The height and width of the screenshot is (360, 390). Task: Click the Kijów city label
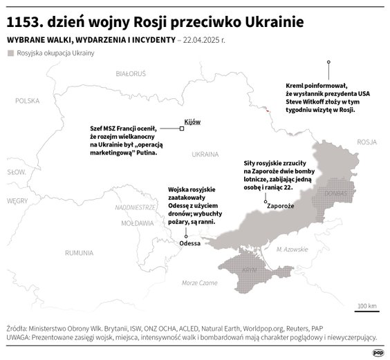(192, 122)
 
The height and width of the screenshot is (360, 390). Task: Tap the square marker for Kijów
(181, 129)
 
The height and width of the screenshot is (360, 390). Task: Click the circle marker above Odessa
(187, 236)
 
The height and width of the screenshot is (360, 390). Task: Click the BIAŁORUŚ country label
(131, 73)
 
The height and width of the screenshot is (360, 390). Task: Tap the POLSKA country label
(28, 100)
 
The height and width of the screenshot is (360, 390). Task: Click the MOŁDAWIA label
(136, 224)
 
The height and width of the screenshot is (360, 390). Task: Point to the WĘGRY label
(17, 200)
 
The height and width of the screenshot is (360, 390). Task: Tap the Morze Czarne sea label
(198, 283)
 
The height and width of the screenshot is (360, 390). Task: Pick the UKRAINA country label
(205, 153)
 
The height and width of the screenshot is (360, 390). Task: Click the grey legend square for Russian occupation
(10, 53)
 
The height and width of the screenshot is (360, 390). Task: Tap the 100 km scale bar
(366, 310)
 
